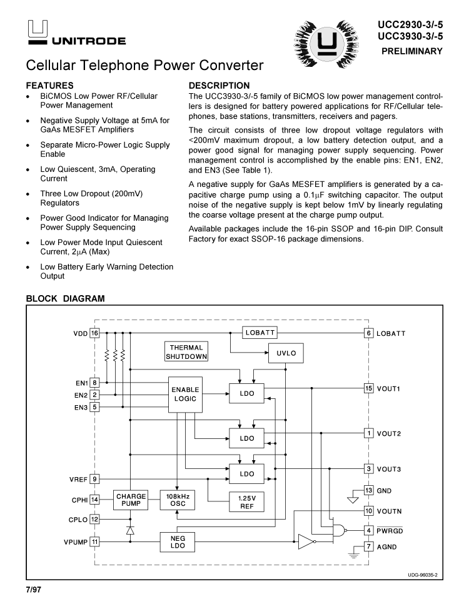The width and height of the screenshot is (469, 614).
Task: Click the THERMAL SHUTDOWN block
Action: (186, 351)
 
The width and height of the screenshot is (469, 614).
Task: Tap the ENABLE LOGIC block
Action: (185, 394)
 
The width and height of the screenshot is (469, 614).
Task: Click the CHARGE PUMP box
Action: (131, 500)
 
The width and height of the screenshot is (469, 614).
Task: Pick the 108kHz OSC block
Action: (178, 500)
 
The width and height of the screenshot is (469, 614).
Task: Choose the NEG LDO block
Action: (178, 541)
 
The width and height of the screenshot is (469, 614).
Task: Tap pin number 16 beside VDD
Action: (94, 333)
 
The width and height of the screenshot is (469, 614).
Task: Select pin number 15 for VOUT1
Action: (369, 388)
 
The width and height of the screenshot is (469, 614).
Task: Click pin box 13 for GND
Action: (369, 491)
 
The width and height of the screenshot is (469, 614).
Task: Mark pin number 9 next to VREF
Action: (94, 480)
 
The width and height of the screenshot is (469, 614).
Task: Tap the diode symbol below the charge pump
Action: (130, 530)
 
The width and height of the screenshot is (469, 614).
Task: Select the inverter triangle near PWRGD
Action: (306, 541)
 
